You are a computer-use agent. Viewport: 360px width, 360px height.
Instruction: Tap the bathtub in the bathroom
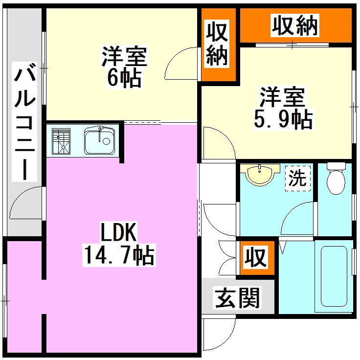[335, 276]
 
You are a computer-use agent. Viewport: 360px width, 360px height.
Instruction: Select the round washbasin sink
[260, 175]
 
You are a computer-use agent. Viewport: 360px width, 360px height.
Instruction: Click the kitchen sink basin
[99, 140]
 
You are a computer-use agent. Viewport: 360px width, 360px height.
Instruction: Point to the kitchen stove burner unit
[61, 140]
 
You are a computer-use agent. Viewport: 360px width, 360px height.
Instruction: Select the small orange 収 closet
[255, 256]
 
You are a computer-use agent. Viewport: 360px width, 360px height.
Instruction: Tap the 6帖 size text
[124, 78]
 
